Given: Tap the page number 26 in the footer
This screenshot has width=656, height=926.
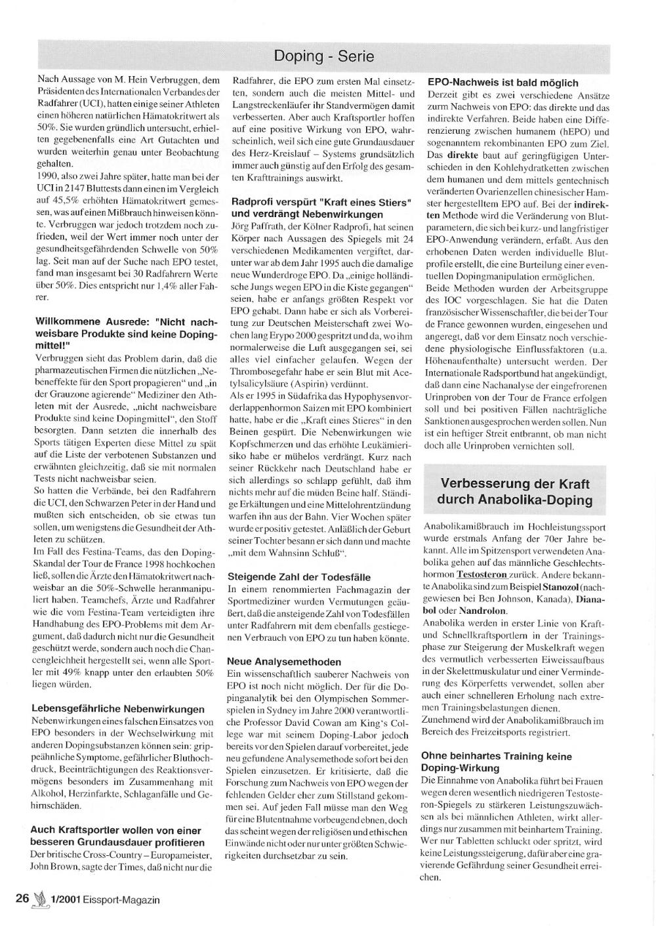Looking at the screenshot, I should coord(22,899).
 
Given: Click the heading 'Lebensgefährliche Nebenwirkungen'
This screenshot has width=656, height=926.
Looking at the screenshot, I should coord(117,709).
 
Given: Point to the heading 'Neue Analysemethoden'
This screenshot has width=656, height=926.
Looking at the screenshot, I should coord(284,662).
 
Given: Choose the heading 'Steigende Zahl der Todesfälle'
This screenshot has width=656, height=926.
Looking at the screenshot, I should coord(298,577).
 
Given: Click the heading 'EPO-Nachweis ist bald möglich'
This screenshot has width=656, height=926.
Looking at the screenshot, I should coord(502,83).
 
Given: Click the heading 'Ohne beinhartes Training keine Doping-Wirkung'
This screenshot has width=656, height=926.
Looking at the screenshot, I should coord(496,762).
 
